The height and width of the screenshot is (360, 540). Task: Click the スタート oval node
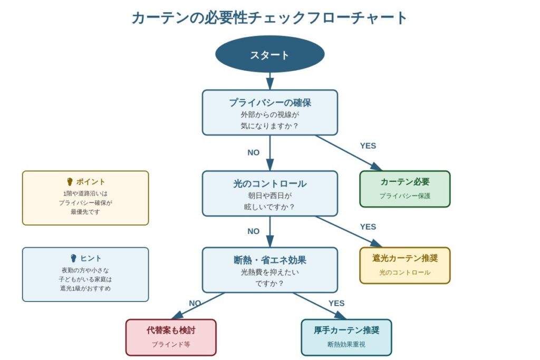tap(269, 54)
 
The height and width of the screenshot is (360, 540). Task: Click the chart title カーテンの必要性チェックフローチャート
tap(269, 17)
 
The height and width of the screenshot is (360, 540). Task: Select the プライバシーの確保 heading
tap(269, 102)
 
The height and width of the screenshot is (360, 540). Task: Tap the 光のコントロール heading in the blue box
tap(269, 183)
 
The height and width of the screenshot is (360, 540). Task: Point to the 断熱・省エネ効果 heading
tap(269, 260)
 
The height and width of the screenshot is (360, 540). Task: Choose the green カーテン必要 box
tap(404, 189)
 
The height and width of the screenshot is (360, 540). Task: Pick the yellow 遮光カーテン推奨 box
tap(404, 265)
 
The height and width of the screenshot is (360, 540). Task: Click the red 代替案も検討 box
tap(171, 337)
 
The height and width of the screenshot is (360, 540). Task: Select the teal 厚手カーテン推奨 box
tap(346, 337)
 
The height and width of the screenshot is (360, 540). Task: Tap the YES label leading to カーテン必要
tap(368, 146)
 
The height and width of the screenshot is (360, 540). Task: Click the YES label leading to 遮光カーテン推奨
tap(368, 227)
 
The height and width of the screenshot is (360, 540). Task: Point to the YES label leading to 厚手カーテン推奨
tap(336, 303)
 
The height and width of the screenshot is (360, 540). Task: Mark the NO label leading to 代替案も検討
tap(195, 303)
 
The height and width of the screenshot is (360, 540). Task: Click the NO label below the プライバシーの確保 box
tap(253, 152)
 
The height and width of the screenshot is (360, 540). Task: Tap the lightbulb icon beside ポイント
tap(70, 182)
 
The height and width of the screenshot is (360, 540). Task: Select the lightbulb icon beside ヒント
tap(74, 258)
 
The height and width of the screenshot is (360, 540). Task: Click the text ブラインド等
tap(171, 344)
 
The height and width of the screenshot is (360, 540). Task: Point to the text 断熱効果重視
tap(346, 344)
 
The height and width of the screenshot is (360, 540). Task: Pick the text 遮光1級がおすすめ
tap(85, 288)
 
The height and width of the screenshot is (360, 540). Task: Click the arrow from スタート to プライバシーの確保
tap(270, 81)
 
